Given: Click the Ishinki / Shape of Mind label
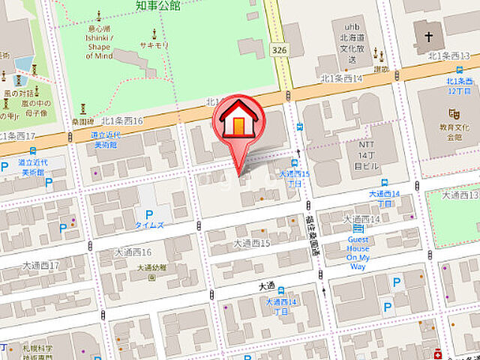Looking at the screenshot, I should pos(99,46).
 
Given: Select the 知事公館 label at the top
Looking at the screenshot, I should pos(158,6).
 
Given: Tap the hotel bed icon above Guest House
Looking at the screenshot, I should pos(358,228).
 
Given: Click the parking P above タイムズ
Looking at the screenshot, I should pos(148,213).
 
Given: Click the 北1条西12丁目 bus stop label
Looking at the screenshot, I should pos(459,85).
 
